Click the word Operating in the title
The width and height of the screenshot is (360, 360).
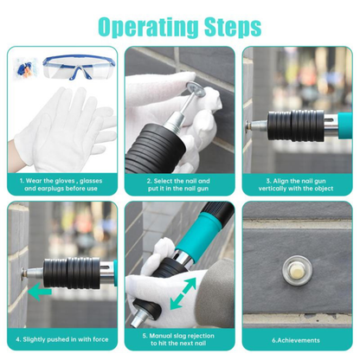(145, 25)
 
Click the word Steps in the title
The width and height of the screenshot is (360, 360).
(228, 25)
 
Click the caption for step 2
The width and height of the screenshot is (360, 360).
(179, 183)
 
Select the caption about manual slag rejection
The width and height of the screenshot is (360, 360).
(179, 340)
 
